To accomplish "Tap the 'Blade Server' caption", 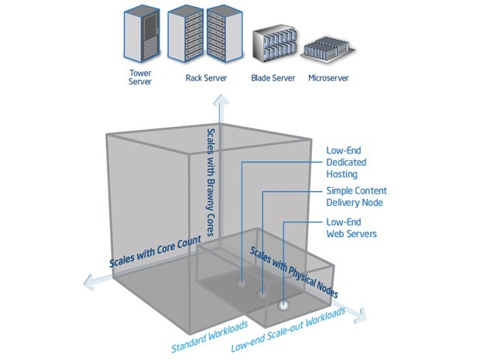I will (x=273, y=78).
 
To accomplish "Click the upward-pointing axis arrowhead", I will (x=222, y=99).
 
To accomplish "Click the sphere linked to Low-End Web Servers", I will (x=285, y=305).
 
